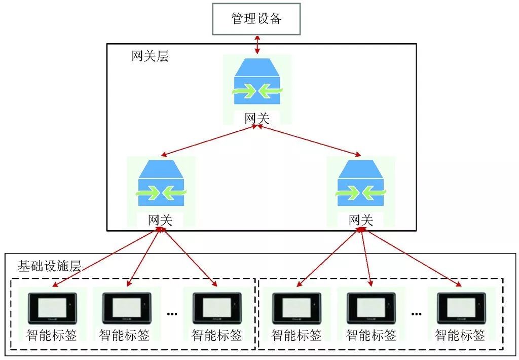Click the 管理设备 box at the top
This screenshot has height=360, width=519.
(x=256, y=19)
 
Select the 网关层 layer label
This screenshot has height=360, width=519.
(x=150, y=56)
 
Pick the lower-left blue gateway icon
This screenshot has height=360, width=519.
(x=161, y=184)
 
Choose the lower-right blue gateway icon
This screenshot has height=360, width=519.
(x=361, y=184)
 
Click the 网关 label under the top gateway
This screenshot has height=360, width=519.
(x=257, y=119)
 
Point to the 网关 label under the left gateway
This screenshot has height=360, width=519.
(x=160, y=220)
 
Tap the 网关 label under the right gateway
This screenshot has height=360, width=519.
(x=361, y=220)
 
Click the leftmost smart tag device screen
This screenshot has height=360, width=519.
(x=52, y=307)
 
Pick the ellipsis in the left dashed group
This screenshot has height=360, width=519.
(x=172, y=315)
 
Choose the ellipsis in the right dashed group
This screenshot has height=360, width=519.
(x=416, y=315)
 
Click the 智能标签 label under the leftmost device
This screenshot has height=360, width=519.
(x=51, y=335)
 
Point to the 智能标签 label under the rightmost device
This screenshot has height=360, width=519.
(x=460, y=335)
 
